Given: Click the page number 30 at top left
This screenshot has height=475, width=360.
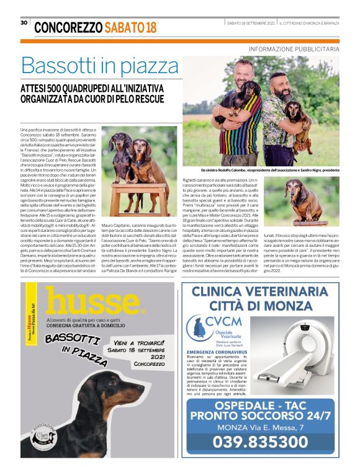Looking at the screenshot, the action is click(x=24, y=22).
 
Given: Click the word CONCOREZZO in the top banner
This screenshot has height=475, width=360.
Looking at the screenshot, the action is click(x=68, y=27).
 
